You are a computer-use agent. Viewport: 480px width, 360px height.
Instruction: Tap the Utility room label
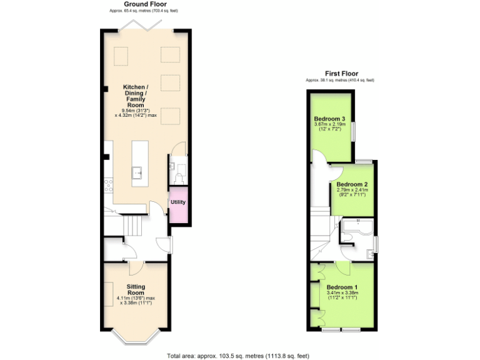(x=178, y=202)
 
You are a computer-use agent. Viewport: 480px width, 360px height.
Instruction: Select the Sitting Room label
(x=136, y=289)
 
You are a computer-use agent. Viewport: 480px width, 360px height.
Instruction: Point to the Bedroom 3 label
(x=330, y=119)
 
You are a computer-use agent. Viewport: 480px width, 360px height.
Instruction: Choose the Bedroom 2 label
(x=352, y=184)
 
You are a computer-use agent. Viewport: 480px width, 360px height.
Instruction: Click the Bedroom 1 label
(x=342, y=287)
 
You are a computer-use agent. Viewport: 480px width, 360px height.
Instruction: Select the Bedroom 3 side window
(x=355, y=132)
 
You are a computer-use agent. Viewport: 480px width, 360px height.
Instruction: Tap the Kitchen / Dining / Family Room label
(x=136, y=96)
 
